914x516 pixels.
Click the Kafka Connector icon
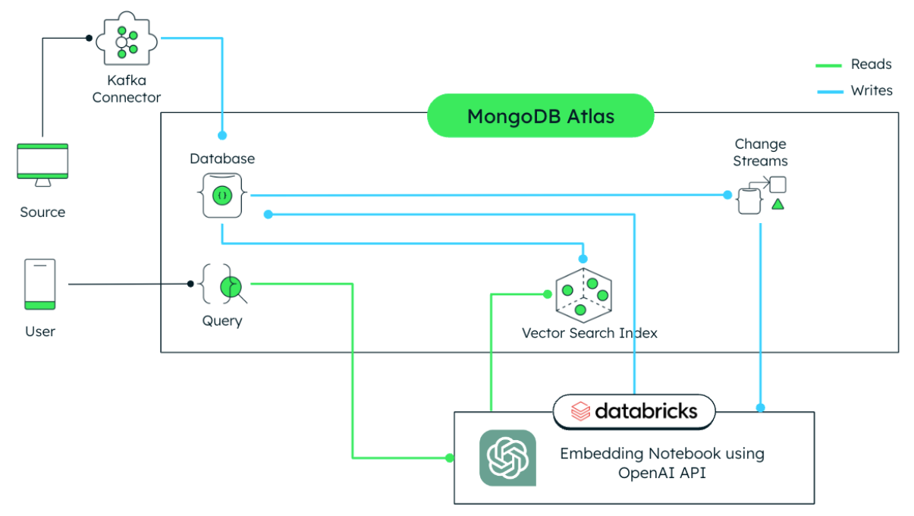click(127, 43)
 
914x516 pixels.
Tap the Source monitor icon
click(42, 164)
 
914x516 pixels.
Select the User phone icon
click(40, 285)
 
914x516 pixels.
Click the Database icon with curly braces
click(222, 195)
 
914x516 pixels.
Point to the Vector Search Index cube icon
click(583, 292)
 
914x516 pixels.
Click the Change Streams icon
click(761, 195)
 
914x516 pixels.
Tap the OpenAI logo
click(507, 458)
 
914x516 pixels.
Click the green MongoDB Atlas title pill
click(540, 116)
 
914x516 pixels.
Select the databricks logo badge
click(634, 411)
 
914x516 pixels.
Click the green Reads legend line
click(829, 65)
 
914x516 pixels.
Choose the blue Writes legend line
click(829, 91)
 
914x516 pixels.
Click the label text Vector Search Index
click(589, 333)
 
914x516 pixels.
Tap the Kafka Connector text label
click(127, 89)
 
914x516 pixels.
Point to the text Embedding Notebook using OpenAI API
click(661, 463)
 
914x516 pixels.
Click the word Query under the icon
click(222, 321)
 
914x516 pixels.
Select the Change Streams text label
click(760, 153)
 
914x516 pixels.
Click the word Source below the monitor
click(42, 212)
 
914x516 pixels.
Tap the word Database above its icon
click(222, 159)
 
